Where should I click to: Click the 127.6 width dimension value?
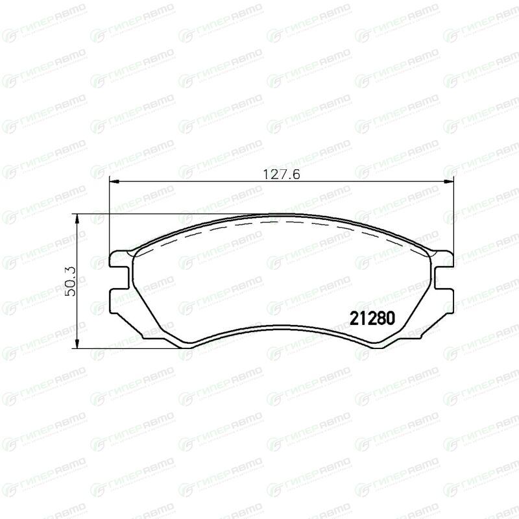pos(282,175)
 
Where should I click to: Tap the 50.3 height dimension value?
pos(70,282)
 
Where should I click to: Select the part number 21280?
pos(372,319)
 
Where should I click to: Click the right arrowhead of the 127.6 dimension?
pos(448,181)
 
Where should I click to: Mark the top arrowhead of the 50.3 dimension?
pos(77,219)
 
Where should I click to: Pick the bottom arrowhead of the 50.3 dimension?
pos(77,343)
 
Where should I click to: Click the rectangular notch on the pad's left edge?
pos(119,278)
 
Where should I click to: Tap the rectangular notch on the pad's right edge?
pos(444,278)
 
